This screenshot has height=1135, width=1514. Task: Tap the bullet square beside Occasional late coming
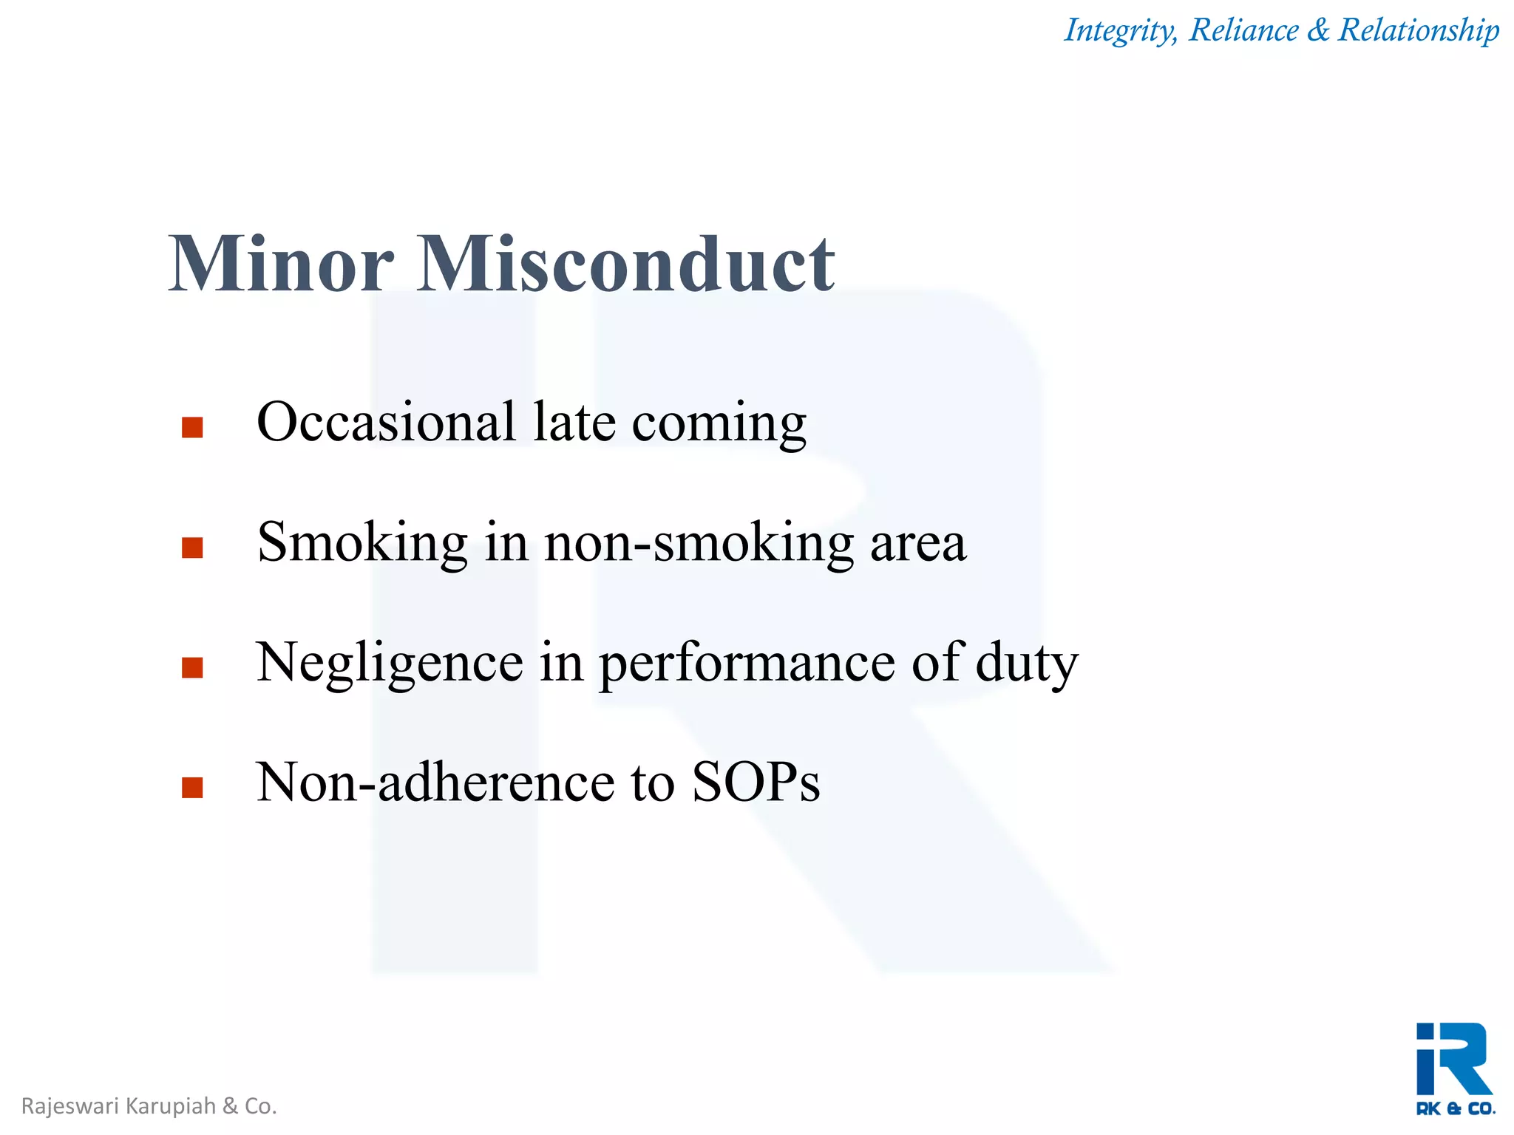tap(192, 428)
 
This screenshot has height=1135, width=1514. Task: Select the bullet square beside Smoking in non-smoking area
tap(192, 548)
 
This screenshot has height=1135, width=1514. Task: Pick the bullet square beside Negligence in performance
tap(192, 667)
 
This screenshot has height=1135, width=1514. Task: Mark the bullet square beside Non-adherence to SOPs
tap(192, 788)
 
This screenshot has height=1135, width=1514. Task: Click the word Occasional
tap(385, 422)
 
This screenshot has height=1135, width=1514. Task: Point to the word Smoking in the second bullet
tap(362, 543)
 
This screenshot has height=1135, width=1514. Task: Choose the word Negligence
tap(390, 663)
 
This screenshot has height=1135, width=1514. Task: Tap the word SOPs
tap(756, 783)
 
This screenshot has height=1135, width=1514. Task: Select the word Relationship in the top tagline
tap(1419, 30)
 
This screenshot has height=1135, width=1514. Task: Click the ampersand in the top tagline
tap(1317, 30)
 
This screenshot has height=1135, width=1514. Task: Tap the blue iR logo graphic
tap(1453, 1059)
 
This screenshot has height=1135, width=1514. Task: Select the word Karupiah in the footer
tap(171, 1106)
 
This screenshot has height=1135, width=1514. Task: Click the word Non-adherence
tap(435, 783)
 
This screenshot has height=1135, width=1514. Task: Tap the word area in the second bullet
tap(917, 543)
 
